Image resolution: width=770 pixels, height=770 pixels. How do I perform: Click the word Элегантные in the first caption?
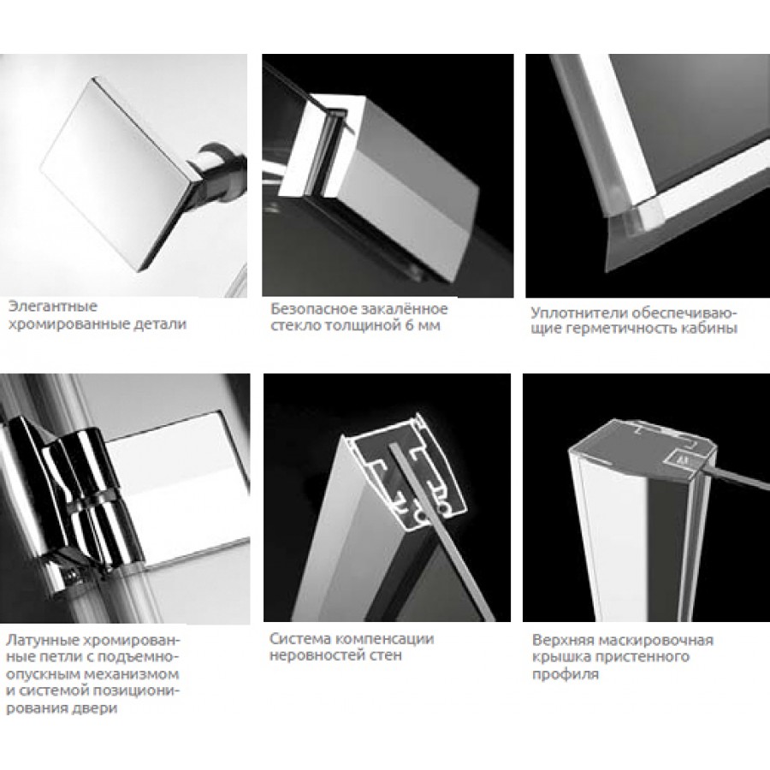[52, 307]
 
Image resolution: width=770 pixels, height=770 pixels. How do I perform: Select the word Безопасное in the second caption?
[314, 309]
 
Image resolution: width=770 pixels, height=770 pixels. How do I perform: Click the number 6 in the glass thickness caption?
[409, 326]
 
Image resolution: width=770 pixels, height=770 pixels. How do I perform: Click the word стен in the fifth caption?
[384, 655]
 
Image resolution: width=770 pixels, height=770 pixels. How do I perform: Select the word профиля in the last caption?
[566, 675]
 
